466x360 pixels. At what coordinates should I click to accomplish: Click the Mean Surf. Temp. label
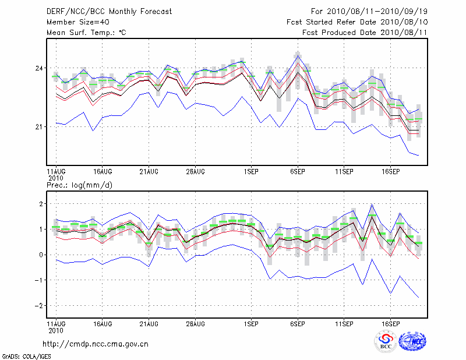[86, 33]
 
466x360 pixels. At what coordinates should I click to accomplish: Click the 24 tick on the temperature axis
[40, 68]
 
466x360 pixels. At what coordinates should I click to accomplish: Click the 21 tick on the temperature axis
[40, 126]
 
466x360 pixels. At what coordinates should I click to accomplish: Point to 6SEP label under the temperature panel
[298, 171]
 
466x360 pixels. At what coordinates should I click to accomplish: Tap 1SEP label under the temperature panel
[251, 171]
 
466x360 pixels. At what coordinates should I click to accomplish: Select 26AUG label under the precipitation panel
[195, 323]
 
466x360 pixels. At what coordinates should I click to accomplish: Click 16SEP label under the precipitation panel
[390, 323]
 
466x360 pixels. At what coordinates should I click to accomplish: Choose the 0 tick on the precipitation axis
[41, 255]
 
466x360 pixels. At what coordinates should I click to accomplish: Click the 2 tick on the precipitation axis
[41, 204]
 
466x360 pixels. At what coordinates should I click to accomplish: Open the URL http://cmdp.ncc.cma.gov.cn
[96, 344]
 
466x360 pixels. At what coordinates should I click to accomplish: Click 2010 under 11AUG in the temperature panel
[55, 178]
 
